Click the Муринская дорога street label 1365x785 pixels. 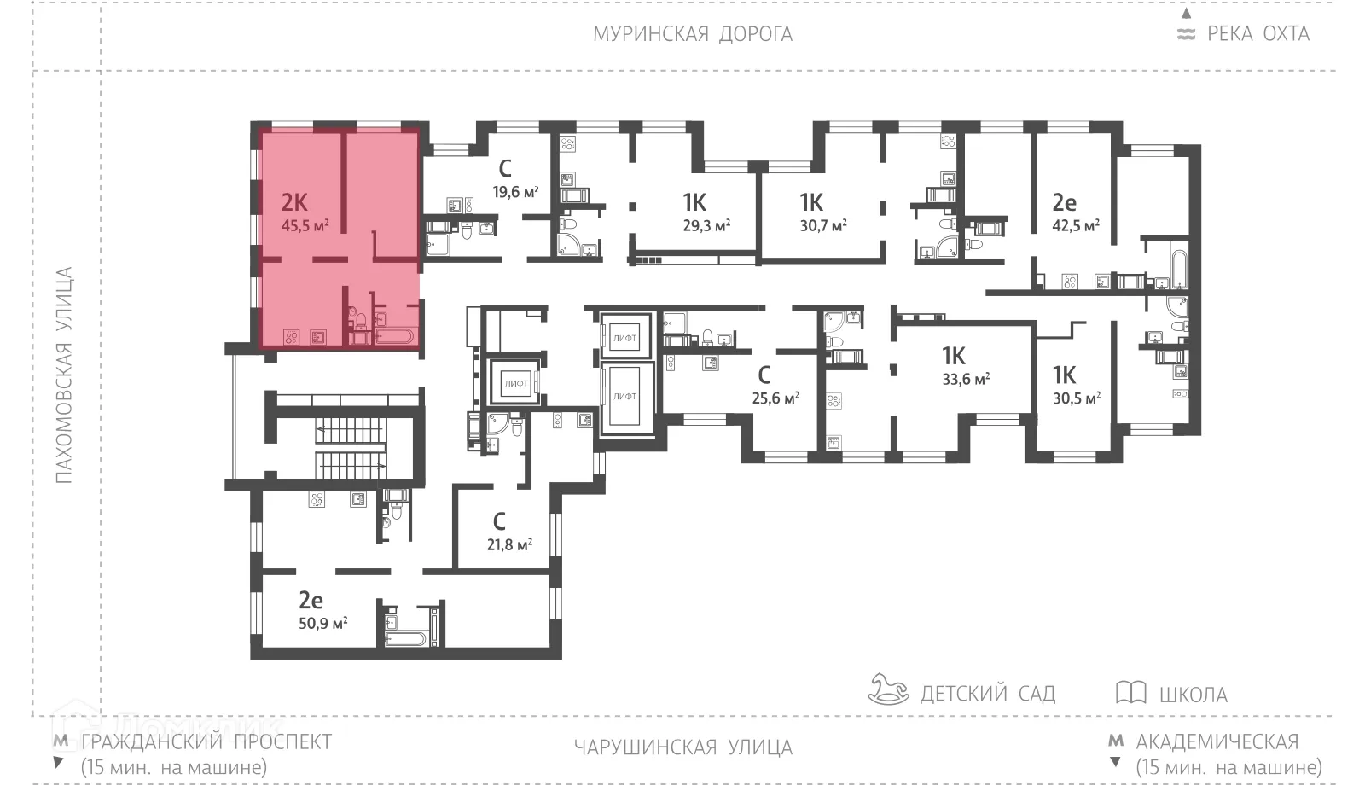point(692,34)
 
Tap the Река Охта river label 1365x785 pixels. point(1257,34)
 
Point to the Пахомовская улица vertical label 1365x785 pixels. point(64,375)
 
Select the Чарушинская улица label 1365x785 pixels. point(682,748)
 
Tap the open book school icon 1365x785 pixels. point(1130,692)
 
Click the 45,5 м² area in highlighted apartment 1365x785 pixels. point(305,226)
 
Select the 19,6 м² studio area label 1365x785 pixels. point(515,192)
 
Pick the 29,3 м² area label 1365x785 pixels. point(706,226)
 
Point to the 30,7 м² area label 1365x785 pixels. point(822,226)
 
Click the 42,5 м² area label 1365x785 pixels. point(1075,226)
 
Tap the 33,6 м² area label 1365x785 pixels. point(965,379)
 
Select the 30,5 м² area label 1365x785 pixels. point(1076,398)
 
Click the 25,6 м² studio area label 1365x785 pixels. point(775,398)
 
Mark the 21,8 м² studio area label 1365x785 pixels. point(509,544)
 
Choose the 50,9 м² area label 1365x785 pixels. point(322,623)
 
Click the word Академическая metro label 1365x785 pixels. point(1217,741)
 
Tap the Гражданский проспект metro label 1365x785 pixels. point(206,741)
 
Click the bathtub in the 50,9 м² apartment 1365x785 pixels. point(405,638)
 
